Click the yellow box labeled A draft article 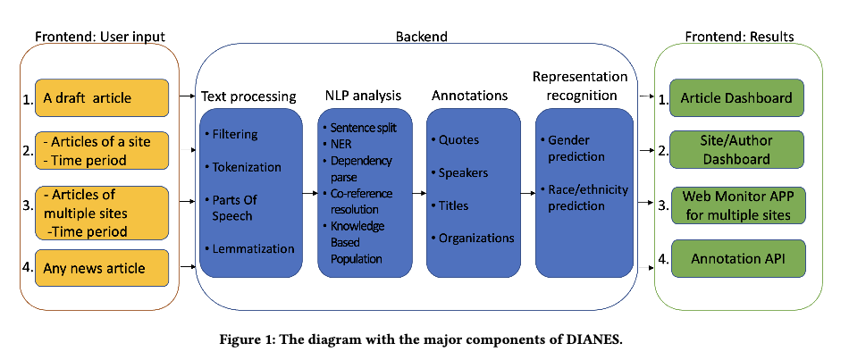pyautogui.click(x=101, y=98)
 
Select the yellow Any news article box pyautogui.click(x=101, y=267)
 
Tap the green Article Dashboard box pyautogui.click(x=736, y=98)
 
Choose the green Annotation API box pyautogui.click(x=736, y=259)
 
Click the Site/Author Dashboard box pyautogui.click(x=736, y=151)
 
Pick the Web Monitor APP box pyautogui.click(x=736, y=205)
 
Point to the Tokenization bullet pyautogui.click(x=246, y=167)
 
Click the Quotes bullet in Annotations pyautogui.click(x=458, y=139)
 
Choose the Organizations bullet pyautogui.click(x=475, y=238)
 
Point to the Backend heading pyautogui.click(x=421, y=37)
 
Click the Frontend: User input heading pyautogui.click(x=99, y=37)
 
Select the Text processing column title pyautogui.click(x=248, y=96)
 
